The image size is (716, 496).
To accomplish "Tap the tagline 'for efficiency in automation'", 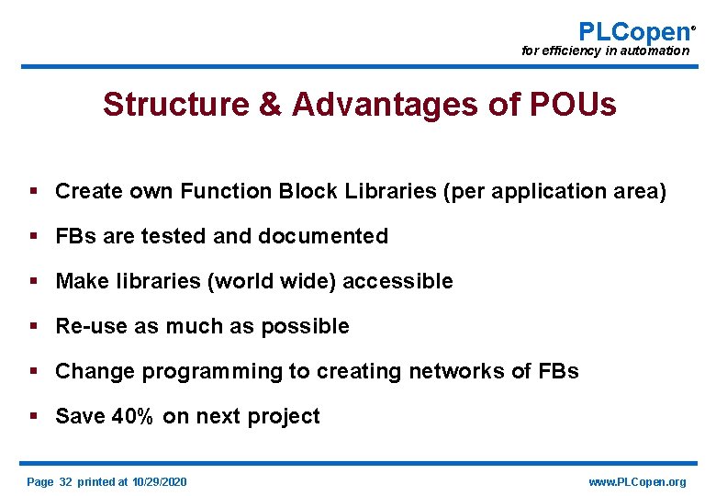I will point(605,51).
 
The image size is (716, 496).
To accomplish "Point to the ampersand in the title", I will point(270,105).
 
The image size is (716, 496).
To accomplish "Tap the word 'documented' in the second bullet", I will point(323,236).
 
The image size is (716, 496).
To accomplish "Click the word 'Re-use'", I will point(92,326).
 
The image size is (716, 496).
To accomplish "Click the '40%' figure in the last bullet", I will point(135,416).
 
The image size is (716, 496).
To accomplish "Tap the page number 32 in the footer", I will point(65,482).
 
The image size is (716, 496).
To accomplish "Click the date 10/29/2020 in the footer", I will point(159,482).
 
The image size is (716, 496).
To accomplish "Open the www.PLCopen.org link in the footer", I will point(636,482).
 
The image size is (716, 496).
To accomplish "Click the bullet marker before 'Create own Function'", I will point(33,191).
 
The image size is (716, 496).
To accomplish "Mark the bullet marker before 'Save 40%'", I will point(33,416).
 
